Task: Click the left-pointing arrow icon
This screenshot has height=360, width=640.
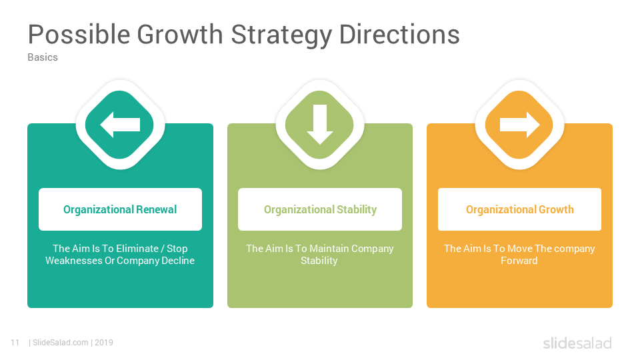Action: [x=120, y=125]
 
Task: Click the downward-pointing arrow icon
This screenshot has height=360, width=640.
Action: [x=320, y=125]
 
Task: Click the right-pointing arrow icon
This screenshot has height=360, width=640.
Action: [x=519, y=125]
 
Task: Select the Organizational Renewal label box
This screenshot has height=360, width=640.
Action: [x=120, y=209]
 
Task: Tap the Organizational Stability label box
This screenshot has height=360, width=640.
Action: [x=320, y=209]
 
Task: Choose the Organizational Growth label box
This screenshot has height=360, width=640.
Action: [x=519, y=209]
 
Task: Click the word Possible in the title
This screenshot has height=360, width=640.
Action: [x=79, y=34]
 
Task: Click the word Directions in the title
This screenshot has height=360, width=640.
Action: [x=399, y=34]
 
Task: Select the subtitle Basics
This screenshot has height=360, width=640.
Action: [x=43, y=57]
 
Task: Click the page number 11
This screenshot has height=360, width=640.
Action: [x=15, y=343]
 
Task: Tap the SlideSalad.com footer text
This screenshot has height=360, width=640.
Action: [x=61, y=343]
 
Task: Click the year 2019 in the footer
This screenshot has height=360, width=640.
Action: [x=104, y=343]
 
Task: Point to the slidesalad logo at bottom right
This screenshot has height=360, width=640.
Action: [x=577, y=343]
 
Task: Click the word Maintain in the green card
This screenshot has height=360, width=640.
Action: [x=329, y=249]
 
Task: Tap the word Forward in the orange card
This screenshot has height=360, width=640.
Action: [x=519, y=261]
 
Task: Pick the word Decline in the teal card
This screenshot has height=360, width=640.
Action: [x=178, y=261]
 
